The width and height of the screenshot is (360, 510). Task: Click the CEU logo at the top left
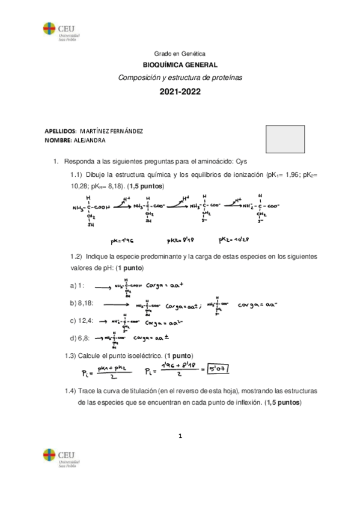pyautogui.click(x=58, y=31)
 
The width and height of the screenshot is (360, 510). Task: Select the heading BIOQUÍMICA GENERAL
pyautogui.click(x=180, y=66)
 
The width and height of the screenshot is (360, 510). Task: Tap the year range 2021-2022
pyautogui.click(x=180, y=93)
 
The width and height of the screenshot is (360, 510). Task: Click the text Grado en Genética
pyautogui.click(x=180, y=54)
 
